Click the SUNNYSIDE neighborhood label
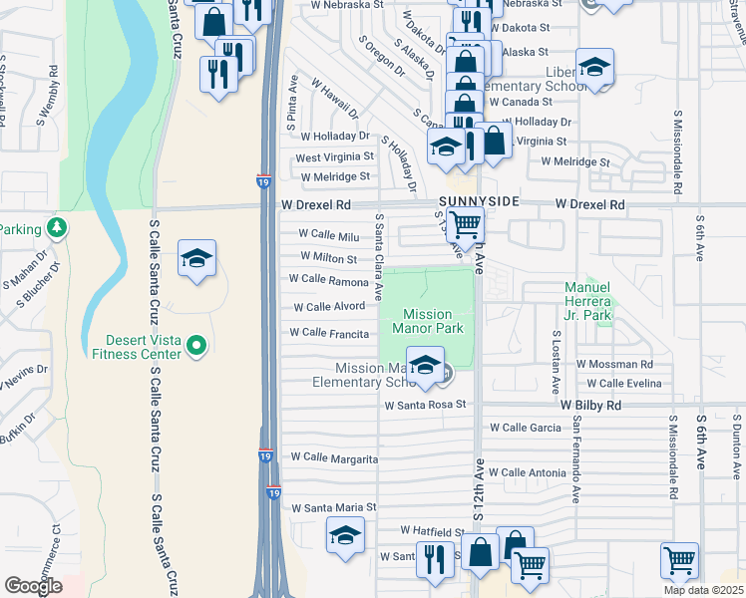(x=479, y=201)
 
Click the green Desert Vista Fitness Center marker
(x=196, y=346)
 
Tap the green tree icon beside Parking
(x=57, y=228)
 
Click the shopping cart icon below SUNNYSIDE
(x=466, y=225)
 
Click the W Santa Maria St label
(x=333, y=507)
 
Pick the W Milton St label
(x=322, y=259)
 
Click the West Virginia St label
(x=334, y=156)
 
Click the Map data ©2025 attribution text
(x=703, y=590)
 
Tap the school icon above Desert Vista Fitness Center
(x=196, y=259)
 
